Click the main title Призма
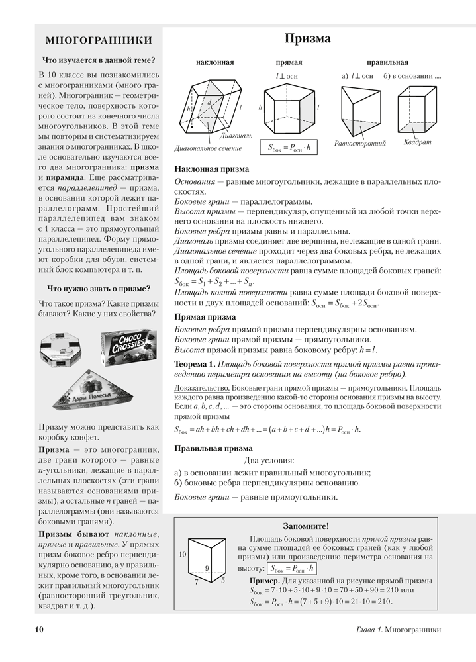click(x=307, y=39)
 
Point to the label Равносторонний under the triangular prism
click(x=360, y=143)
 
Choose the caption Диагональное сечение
click(x=208, y=148)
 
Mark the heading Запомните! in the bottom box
click(x=305, y=526)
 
